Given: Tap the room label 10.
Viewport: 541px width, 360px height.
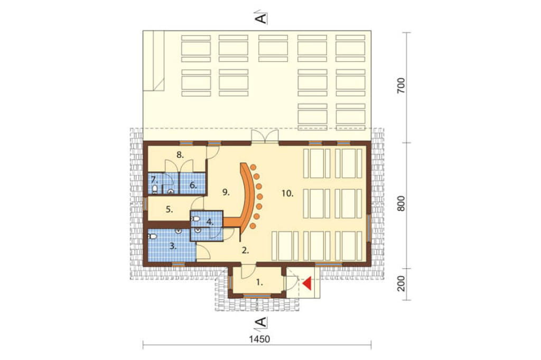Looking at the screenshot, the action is tap(287, 193).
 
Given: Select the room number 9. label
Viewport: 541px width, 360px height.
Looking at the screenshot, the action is tap(226, 193).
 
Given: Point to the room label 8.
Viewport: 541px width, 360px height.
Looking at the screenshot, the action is tap(180, 155).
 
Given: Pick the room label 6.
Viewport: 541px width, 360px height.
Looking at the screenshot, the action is tap(193, 185).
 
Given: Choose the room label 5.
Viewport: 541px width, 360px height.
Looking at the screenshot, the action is tap(169, 210).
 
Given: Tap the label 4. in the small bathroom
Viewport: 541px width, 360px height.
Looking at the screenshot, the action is tap(210, 222).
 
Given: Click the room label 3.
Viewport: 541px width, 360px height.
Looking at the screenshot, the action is tap(173, 246).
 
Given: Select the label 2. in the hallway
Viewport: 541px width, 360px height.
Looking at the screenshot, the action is tap(245, 251).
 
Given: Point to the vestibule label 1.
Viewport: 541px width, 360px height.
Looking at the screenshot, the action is tap(259, 283).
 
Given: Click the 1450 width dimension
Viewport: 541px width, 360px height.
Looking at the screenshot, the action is tap(259, 339).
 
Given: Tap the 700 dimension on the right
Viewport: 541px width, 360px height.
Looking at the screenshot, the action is tap(400, 86).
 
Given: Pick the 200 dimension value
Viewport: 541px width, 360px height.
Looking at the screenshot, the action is tap(400, 284).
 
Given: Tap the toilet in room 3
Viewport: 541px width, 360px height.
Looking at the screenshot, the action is tap(152, 236).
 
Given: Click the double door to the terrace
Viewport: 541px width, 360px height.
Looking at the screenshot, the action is tap(265, 136).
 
